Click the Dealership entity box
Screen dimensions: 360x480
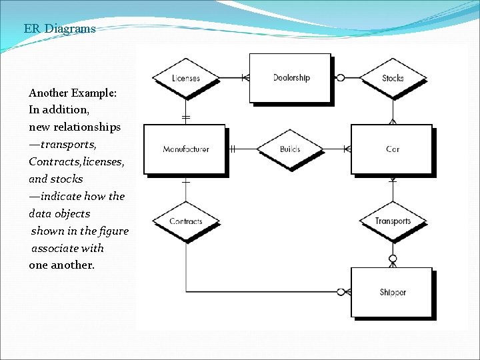click(290, 78)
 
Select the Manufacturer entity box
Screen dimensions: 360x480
click(185, 149)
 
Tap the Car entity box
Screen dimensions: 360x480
click(392, 149)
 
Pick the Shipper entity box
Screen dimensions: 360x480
click(392, 292)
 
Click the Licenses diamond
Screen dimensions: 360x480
click(185, 78)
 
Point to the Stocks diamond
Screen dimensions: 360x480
click(393, 78)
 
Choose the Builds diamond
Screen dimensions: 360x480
click(289, 149)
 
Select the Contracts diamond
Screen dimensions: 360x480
click(185, 221)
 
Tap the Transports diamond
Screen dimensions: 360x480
click(393, 221)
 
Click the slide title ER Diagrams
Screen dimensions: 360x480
click(59, 29)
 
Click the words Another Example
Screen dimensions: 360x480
click(73, 93)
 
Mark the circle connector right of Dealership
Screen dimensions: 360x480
click(341, 78)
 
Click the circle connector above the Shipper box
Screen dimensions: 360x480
click(393, 259)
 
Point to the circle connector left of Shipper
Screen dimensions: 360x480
click(341, 292)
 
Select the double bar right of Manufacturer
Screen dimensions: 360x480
click(233, 149)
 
